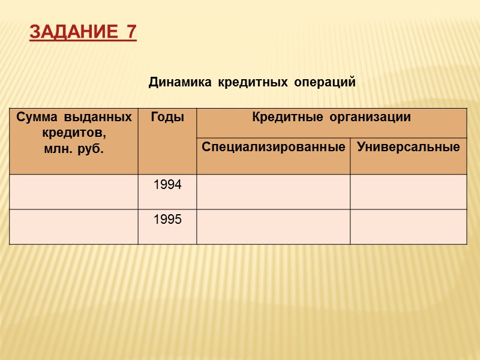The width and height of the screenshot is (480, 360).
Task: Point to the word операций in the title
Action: pyautogui.click(x=325, y=82)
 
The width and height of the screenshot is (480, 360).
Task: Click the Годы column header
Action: pyautogui.click(x=167, y=117)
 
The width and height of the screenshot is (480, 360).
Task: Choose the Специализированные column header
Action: pyautogui.click(x=274, y=146)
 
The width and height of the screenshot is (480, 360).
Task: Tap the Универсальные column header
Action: pyautogui.click(x=408, y=146)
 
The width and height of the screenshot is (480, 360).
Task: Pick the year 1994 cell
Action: pyautogui.click(x=167, y=185)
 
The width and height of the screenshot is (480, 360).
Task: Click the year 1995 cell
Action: pyautogui.click(x=167, y=220)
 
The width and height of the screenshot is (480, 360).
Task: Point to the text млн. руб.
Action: pyautogui.click(x=74, y=148)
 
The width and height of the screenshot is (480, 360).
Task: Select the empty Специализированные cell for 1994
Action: pyautogui.click(x=273, y=192)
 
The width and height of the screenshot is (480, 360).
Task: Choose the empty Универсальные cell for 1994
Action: pyautogui.click(x=408, y=192)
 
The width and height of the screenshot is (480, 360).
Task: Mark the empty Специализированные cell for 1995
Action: pyautogui.click(x=273, y=227)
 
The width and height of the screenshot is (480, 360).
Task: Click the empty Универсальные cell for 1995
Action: pyautogui.click(x=408, y=227)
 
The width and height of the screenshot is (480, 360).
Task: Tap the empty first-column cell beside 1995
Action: pyautogui.click(x=74, y=227)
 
